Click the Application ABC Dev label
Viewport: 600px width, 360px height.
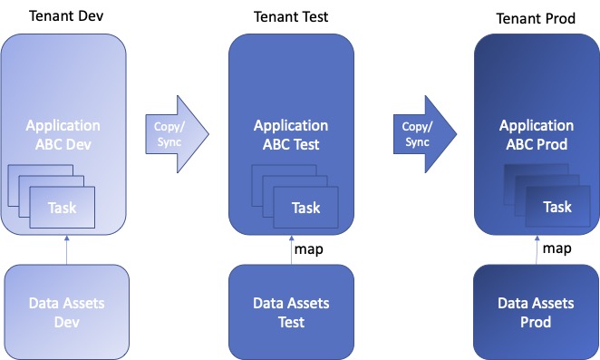[63, 134]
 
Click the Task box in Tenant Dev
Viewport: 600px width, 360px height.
[63, 208]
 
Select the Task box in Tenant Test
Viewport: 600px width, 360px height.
[305, 209]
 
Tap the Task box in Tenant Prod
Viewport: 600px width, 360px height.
[556, 207]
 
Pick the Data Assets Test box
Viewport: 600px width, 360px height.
[290, 310]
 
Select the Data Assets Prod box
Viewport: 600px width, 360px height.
[536, 311]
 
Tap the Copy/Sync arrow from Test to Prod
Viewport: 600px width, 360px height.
[423, 134]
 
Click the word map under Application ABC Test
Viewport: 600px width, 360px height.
[307, 248]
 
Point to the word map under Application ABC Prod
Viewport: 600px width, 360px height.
[556, 248]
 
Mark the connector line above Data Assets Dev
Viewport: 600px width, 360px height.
[66, 248]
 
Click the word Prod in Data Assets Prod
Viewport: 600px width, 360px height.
[536, 322]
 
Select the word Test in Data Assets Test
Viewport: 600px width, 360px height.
[290, 321]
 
